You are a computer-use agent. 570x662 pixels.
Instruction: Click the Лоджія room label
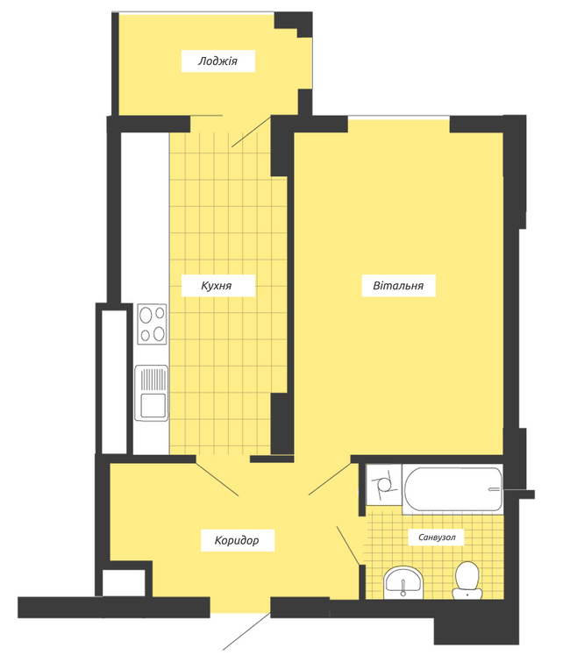(x=217, y=61)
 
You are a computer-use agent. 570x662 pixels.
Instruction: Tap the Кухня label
(x=217, y=285)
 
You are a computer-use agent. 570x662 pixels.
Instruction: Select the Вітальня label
(x=399, y=285)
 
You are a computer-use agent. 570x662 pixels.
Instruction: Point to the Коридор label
(x=237, y=540)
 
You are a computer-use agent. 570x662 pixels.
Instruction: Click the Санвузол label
(x=436, y=536)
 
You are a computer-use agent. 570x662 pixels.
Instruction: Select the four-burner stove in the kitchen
(x=153, y=324)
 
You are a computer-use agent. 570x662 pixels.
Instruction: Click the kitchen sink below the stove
(x=153, y=393)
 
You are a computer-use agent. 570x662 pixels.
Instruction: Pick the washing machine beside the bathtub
(x=383, y=485)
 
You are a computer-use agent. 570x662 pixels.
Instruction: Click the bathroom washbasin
(x=403, y=580)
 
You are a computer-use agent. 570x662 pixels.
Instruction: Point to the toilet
(x=466, y=580)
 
